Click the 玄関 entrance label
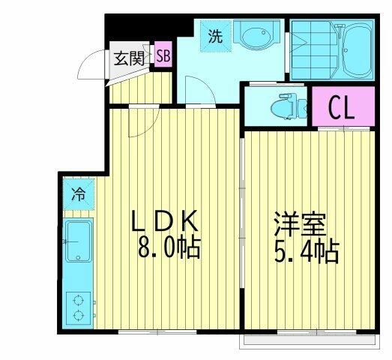coord(129,59)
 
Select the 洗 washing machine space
coord(216,37)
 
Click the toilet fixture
coord(289,107)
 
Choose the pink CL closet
coord(343,106)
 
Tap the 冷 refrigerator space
coord(79,194)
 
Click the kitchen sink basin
coord(79,241)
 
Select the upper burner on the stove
coord(79,299)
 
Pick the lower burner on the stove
coord(79,315)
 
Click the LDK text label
coord(165,221)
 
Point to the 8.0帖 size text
coord(169,247)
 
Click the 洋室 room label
coord(301,224)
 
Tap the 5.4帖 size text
coord(307,252)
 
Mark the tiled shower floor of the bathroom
coord(314,49)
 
